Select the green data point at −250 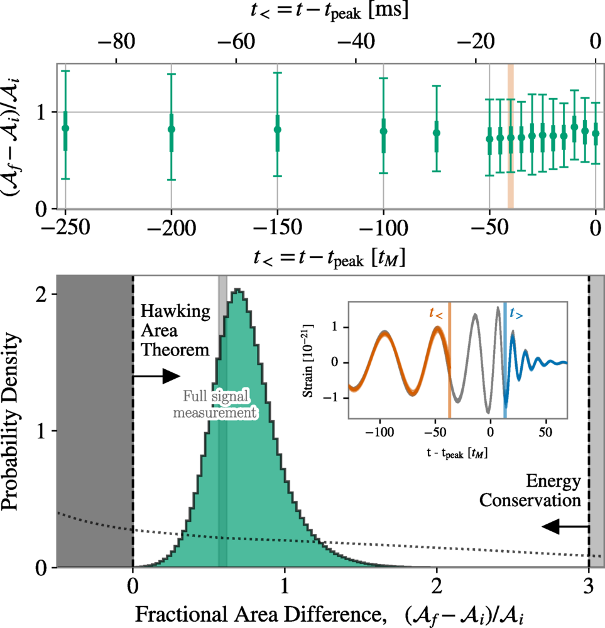65,128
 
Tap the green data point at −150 278,129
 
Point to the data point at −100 383,131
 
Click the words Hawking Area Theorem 174,330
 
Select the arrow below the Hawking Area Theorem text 156,376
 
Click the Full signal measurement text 221,405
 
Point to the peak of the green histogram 237,291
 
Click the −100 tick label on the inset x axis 379,433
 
